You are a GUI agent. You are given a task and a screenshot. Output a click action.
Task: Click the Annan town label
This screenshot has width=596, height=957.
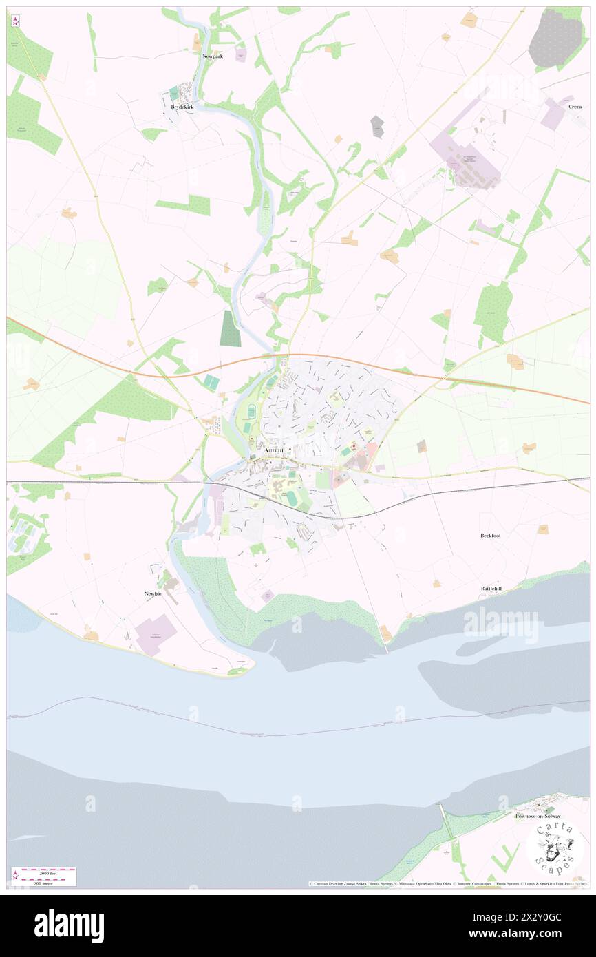(277, 452)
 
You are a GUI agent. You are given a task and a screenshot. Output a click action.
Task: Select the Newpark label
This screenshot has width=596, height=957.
(212, 56)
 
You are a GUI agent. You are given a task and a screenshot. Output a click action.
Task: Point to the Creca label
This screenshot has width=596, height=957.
(575, 107)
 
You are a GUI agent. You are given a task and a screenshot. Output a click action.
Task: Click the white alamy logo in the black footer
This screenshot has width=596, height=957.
(69, 926)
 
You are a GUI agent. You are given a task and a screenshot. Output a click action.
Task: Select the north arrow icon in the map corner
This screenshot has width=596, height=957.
(15, 21)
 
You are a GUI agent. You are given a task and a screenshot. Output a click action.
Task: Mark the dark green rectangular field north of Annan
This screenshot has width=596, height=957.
(231, 328)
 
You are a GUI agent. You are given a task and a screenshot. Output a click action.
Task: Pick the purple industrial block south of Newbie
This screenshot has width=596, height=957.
(156, 635)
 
